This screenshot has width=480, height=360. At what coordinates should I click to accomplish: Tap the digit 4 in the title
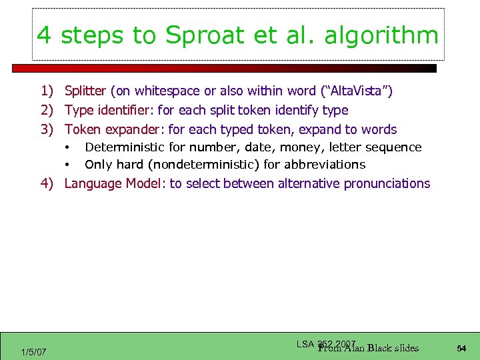(45, 35)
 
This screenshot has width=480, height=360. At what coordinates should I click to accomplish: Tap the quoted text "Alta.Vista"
(353, 91)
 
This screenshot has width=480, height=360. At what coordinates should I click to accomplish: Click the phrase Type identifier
(109, 110)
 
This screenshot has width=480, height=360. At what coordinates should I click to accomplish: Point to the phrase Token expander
(114, 129)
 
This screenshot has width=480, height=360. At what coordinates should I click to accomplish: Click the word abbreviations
(327, 165)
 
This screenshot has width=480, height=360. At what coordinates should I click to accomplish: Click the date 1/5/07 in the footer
(34, 351)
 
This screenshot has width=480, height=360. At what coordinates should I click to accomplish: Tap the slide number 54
(461, 348)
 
